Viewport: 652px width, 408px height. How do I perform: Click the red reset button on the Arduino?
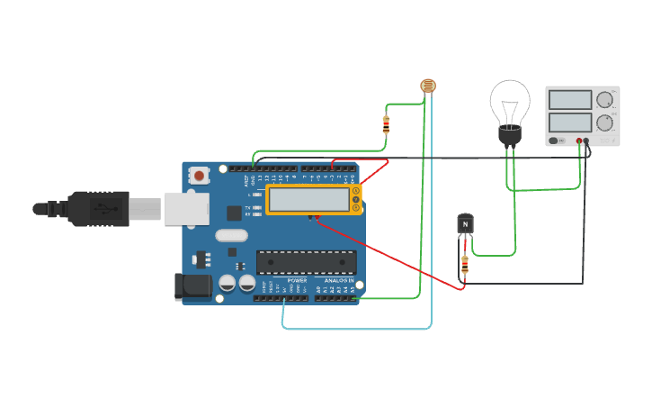[199, 175]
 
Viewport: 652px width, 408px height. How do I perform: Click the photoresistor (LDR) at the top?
[428, 86]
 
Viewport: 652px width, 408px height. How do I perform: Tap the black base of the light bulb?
[510, 135]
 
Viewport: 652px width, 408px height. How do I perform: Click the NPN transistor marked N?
[465, 223]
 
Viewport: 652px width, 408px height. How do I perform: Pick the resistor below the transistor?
[464, 264]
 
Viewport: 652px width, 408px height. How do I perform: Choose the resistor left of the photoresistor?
[386, 124]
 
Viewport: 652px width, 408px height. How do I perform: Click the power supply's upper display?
[568, 99]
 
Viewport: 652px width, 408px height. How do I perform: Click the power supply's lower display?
[568, 122]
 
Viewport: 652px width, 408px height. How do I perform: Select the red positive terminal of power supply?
[578, 141]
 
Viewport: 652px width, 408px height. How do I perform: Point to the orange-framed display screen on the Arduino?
[310, 200]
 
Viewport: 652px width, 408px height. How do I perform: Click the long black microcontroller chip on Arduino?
[306, 262]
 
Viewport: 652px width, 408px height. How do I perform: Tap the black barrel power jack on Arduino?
[192, 286]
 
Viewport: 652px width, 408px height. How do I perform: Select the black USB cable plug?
[99, 208]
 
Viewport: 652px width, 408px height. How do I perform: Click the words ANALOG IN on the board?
[338, 281]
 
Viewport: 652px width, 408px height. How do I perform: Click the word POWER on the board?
[297, 281]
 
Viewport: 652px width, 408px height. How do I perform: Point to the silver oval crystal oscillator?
[231, 235]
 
